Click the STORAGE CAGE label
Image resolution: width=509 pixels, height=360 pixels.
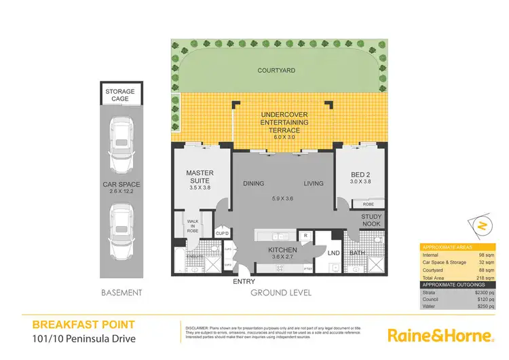(x=119, y=95)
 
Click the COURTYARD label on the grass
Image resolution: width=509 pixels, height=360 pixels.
(x=274, y=70)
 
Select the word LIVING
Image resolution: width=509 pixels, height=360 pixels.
(x=313, y=182)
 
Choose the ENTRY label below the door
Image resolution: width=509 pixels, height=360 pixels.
(x=244, y=282)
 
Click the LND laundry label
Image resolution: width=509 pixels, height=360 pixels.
(x=333, y=253)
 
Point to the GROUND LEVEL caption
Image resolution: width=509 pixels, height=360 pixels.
(x=281, y=293)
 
